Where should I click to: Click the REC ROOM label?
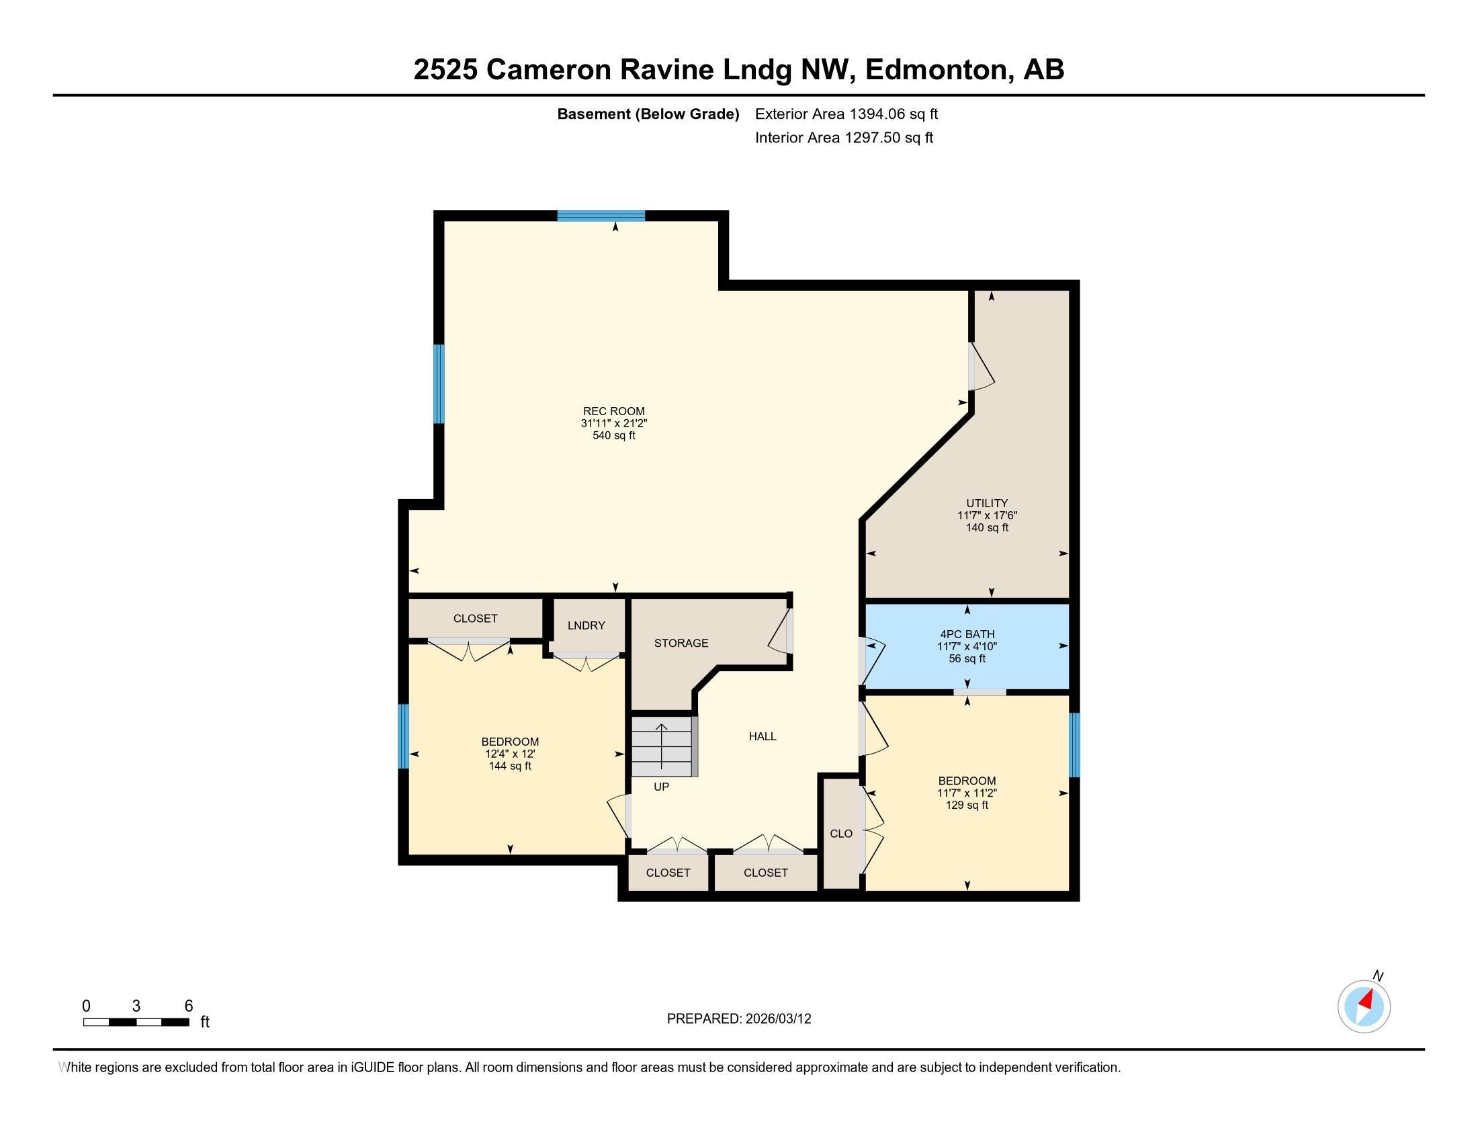point(614,410)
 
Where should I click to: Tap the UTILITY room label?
point(987,502)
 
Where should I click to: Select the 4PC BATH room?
point(967,646)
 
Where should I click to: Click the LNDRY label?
point(586,625)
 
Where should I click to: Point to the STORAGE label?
point(681,643)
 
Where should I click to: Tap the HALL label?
point(762,736)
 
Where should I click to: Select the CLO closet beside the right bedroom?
point(841,834)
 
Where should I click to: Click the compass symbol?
point(1364,1006)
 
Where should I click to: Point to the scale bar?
point(136,1022)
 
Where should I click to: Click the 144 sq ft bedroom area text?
point(510,766)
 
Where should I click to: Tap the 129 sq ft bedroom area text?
point(966,805)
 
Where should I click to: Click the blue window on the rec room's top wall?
point(601,216)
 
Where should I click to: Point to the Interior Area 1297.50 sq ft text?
point(844,138)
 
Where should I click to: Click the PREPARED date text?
point(738,1018)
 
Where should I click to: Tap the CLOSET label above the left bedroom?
point(475,618)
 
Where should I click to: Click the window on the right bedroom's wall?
point(1074,744)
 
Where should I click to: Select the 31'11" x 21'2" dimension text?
point(614,423)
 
